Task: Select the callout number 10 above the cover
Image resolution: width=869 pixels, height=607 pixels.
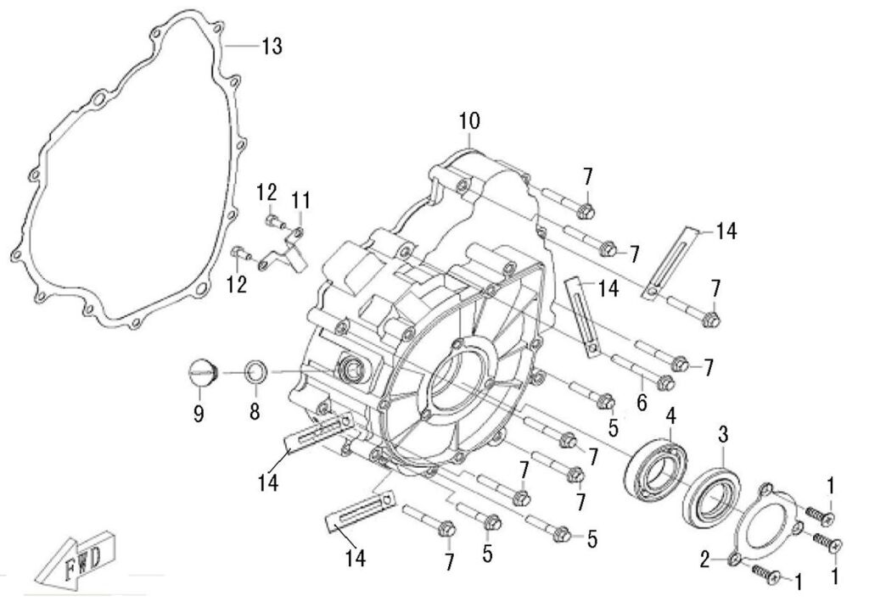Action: tap(470, 122)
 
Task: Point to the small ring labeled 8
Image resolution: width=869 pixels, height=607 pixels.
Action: tap(255, 371)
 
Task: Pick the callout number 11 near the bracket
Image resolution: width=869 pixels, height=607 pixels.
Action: tap(301, 201)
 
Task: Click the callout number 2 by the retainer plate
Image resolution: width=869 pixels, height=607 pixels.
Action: tap(704, 559)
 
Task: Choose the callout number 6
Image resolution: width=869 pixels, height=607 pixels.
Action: tap(642, 404)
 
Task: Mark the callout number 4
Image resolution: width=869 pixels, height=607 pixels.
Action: tap(670, 415)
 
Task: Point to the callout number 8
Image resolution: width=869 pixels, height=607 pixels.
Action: tap(255, 413)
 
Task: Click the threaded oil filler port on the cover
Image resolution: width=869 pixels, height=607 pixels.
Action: tap(350, 369)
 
